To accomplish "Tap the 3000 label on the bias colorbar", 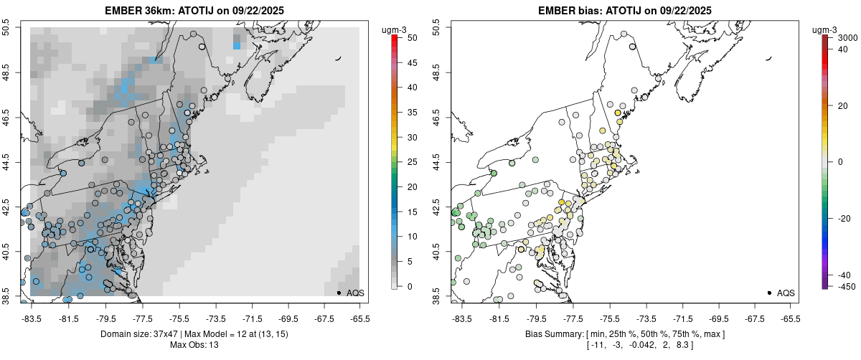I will pos(847,37).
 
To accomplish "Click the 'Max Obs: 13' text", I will pos(194,345).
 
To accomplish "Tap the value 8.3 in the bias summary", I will pos(666,345).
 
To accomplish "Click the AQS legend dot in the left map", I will pos(338,293).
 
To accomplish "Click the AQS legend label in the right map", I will pos(786,293).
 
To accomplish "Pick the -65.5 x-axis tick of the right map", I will pos(789,318).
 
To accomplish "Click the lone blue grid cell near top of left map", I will pos(237,45).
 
